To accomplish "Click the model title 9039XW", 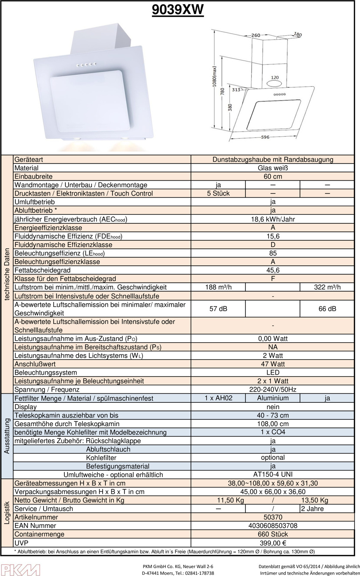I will point(178,10).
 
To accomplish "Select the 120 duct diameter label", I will point(275,78).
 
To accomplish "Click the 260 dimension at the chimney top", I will point(256,35).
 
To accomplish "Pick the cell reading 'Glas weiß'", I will point(272,168).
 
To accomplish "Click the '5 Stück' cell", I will point(218,194).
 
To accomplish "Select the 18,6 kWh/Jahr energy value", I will point(272,219).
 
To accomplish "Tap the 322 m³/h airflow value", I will point(326,287).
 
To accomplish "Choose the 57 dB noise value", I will point(218,309).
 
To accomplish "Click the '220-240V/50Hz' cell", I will point(272,390).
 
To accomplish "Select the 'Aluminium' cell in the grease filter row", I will point(272,398).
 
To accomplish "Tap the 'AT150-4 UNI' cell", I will point(272,475).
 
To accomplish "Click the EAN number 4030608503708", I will point(272,526).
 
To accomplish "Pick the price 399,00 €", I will point(272,543).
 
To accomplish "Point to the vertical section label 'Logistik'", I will point(7,513).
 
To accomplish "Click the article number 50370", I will point(272,517).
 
